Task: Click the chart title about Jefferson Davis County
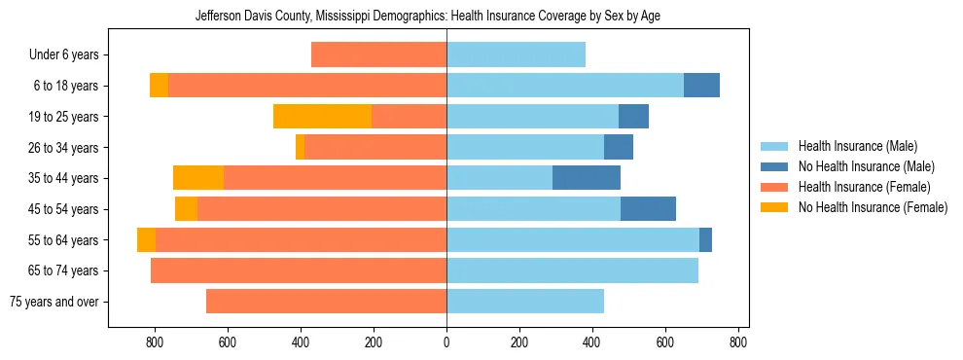click(427, 17)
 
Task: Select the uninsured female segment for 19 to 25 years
click(322, 117)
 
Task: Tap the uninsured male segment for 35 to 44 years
click(587, 178)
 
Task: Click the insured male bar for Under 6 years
click(516, 54)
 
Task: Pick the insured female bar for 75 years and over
click(326, 302)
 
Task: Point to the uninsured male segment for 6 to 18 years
click(701, 86)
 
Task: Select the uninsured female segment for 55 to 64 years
click(146, 240)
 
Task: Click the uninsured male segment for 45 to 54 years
click(648, 209)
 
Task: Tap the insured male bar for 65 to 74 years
click(572, 270)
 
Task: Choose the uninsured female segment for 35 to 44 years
click(198, 178)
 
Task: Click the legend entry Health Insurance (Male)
click(857, 146)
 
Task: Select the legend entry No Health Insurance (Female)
click(872, 207)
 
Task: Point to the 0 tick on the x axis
click(446, 342)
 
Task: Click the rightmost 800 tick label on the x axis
click(738, 342)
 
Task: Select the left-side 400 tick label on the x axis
click(301, 342)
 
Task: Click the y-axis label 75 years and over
click(53, 302)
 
